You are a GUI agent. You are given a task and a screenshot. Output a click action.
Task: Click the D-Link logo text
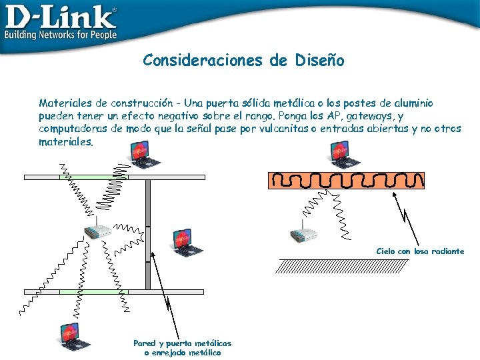coord(60,16)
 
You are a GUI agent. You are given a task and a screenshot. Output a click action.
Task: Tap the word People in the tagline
coord(99,35)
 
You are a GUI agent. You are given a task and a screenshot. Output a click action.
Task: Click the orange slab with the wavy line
coord(346,180)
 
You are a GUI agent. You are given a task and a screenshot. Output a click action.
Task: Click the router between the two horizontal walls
coord(97,232)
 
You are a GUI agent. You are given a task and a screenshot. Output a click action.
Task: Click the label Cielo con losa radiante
coord(420,251)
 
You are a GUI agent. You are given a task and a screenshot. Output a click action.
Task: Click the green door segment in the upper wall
coord(93,177)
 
